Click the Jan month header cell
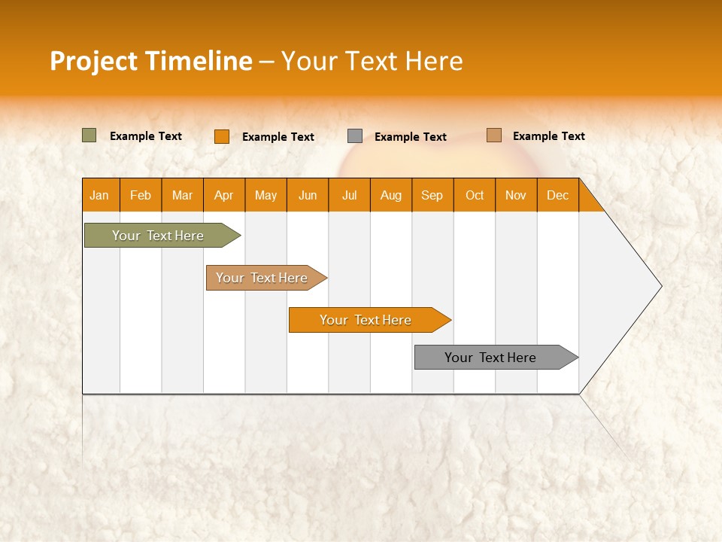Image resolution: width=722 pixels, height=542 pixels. click(100, 195)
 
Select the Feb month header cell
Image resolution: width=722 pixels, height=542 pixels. click(141, 195)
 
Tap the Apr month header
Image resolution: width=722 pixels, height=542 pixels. click(224, 195)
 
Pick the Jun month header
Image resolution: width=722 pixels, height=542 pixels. click(308, 195)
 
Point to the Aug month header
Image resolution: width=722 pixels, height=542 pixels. click(391, 195)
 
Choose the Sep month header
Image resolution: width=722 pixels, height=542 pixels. click(432, 195)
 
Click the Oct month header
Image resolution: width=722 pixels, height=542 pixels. click(475, 195)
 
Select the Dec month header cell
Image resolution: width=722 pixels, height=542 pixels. click(558, 195)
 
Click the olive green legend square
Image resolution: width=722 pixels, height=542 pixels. click(89, 135)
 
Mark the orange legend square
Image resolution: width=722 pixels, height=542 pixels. click(221, 136)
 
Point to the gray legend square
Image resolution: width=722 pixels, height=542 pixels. click(355, 136)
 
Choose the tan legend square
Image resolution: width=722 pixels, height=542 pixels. click(493, 135)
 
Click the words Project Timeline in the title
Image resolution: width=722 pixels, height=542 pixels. click(150, 61)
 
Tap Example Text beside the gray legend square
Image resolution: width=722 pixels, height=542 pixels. click(410, 137)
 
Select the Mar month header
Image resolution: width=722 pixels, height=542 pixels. click(182, 195)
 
